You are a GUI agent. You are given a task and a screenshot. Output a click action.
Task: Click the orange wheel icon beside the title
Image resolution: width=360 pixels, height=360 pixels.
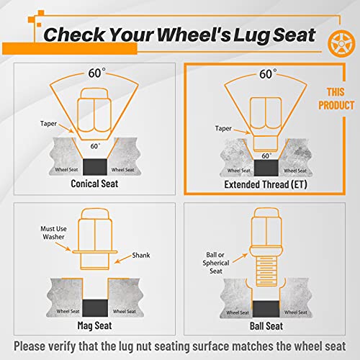point(341,44)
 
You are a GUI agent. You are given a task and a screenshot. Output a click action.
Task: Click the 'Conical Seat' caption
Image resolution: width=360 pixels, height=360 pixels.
point(94,184)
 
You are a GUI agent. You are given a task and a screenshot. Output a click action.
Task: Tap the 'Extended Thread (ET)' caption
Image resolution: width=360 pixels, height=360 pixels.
point(266,184)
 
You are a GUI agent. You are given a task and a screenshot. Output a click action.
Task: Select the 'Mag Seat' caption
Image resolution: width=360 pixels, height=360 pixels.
point(94,325)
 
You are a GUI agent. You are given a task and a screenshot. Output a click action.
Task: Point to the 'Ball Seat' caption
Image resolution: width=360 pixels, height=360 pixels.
point(266,326)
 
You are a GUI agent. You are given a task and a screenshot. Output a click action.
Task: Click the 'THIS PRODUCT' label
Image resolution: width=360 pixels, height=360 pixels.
point(336,99)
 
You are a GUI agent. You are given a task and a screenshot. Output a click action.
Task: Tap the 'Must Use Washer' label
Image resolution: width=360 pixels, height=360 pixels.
point(53,233)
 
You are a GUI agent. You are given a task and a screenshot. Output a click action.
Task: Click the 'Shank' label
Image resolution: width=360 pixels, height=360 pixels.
point(141,255)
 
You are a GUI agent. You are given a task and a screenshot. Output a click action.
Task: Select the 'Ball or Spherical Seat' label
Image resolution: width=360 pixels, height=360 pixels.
point(216,263)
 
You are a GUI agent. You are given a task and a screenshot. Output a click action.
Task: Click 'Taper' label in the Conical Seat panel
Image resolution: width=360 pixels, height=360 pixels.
point(48,124)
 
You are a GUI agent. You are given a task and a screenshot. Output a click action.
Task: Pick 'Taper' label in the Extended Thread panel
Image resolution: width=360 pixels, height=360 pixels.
point(223,128)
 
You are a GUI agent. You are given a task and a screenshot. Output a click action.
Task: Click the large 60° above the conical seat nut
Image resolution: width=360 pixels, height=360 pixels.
point(96,73)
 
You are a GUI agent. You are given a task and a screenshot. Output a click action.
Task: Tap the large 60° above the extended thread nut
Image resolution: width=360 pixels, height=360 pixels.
point(268,74)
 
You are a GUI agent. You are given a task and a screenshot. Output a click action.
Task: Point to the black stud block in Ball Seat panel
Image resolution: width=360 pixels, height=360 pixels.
point(266,309)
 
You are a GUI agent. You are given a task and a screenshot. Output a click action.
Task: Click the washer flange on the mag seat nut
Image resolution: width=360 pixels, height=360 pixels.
point(95,252)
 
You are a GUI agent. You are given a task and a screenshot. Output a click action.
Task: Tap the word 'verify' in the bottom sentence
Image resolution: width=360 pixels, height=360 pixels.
point(63,346)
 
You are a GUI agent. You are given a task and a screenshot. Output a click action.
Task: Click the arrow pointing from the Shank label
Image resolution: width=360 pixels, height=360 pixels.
point(123,259)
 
